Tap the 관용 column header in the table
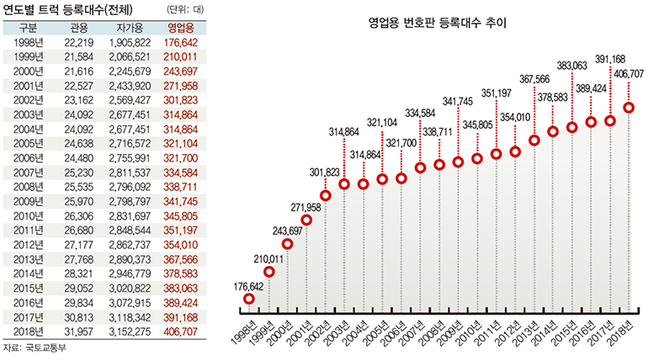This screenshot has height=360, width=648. pos(77,28)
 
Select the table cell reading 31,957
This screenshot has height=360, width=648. pos(77,332)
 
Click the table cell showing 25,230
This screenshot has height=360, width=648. pos(77,172)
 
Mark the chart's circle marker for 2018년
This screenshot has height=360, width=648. pos(629,108)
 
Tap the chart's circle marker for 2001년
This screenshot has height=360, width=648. pos(307,220)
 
